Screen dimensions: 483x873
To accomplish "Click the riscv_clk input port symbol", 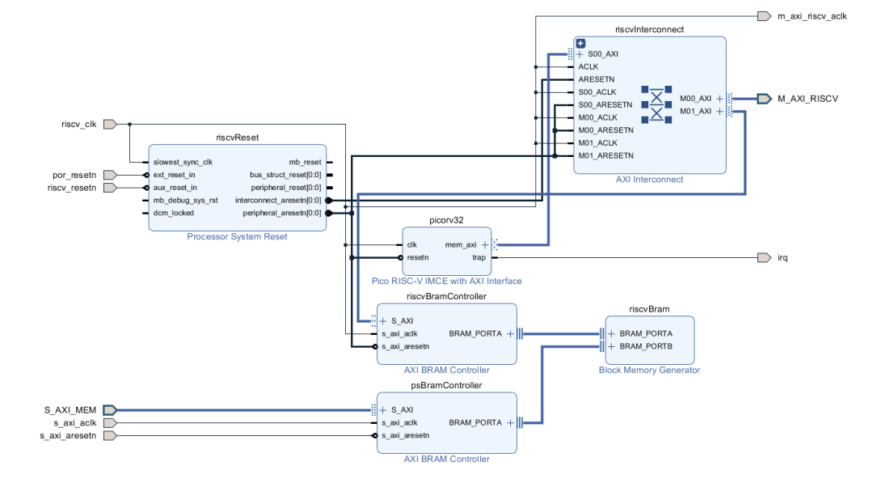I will [111, 124].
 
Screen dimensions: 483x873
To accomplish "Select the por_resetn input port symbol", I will [111, 175].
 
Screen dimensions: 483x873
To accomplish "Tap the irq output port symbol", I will [764, 257].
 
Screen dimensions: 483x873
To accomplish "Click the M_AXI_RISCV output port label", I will [808, 99].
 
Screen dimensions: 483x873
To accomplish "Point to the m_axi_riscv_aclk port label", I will [812, 16].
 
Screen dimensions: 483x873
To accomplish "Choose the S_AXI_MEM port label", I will [70, 410].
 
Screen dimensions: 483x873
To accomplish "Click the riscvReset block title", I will [237, 138].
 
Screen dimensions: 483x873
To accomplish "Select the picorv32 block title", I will [446, 219].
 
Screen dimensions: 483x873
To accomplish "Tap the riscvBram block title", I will [649, 308].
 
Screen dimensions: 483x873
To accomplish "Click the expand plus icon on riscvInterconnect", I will [580, 43].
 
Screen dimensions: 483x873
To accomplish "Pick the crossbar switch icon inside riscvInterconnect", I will [656, 104].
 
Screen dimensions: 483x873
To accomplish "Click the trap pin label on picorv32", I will [479, 257].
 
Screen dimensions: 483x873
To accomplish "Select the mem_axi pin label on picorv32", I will [461, 244].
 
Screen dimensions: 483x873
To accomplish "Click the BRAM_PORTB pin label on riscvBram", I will [646, 346].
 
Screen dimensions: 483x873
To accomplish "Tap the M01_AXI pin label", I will [695, 111].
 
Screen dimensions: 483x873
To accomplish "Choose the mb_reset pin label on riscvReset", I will [305, 162].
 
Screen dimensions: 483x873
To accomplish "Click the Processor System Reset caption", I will [237, 237].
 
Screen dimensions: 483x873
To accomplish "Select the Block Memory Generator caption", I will [649, 371].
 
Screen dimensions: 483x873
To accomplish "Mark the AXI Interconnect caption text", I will [649, 180].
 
